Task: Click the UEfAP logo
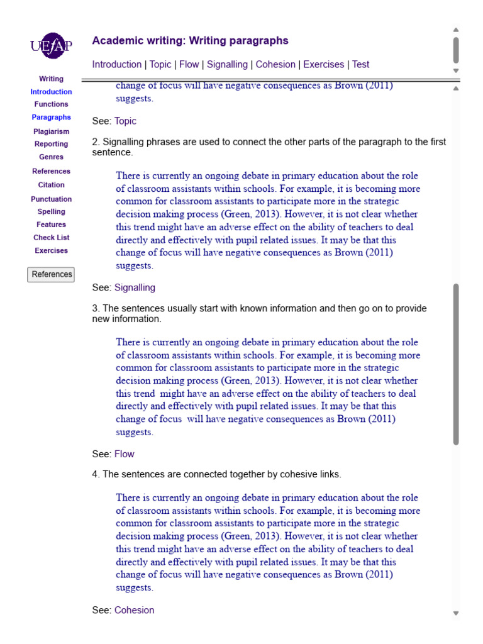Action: [51, 46]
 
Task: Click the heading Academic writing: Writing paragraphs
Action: [190, 41]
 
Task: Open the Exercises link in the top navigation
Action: [323, 64]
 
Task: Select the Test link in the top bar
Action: [360, 64]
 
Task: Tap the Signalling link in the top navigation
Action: [227, 64]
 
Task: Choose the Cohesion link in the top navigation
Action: [275, 64]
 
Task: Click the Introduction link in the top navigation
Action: [116, 64]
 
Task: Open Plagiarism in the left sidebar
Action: [51, 131]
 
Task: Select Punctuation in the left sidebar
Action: [51, 199]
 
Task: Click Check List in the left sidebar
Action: [51, 238]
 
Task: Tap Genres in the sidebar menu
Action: [51, 157]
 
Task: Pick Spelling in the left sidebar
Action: [51, 212]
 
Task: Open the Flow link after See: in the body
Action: [124, 454]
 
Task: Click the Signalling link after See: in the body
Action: [135, 287]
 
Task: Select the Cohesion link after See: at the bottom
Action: [134, 610]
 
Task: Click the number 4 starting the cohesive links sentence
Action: [95, 474]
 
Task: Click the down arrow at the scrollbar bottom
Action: [456, 613]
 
